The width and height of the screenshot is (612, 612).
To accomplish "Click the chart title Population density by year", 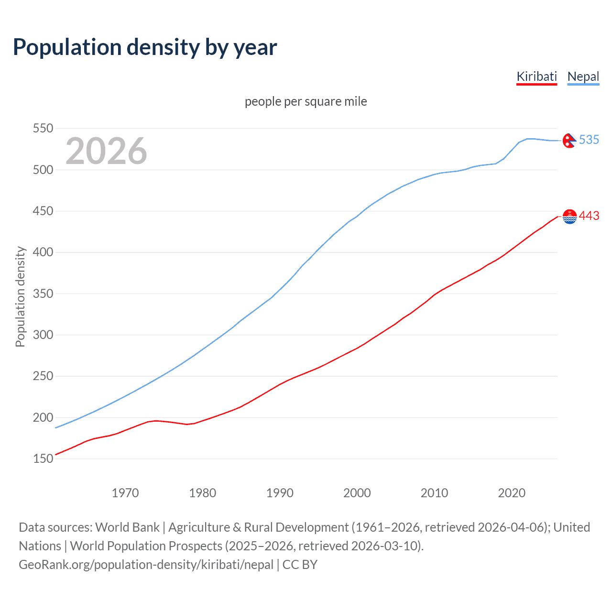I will coord(145,47).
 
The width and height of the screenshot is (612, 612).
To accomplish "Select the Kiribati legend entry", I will coord(536,76).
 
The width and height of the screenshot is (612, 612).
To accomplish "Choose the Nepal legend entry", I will coord(583,76).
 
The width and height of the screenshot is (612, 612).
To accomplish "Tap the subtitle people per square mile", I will coord(306,102).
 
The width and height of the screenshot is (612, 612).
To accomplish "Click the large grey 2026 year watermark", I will coord(106,151).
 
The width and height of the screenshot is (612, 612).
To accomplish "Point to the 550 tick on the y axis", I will coord(43,128).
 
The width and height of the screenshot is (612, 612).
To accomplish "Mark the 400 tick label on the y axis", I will coord(43,252).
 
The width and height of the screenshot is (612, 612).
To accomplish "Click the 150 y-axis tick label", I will coord(43,459).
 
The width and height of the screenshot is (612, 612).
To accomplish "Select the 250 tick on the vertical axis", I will coord(43,376).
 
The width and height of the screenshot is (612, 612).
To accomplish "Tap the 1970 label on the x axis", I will coord(125,493).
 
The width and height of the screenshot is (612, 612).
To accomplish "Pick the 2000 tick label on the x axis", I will coord(357,493).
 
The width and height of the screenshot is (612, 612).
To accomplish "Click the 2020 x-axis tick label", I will coord(512,493).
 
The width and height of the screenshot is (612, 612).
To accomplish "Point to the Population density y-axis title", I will coord(20,296).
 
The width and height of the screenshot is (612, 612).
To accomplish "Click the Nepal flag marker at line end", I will coord(569,141).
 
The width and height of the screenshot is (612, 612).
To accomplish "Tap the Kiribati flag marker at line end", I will coord(569,217).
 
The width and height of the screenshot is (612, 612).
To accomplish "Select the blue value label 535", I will coord(589,140).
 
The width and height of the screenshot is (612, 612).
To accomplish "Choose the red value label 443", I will coord(589,216).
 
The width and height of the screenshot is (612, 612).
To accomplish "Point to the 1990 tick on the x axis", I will coord(280,493).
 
